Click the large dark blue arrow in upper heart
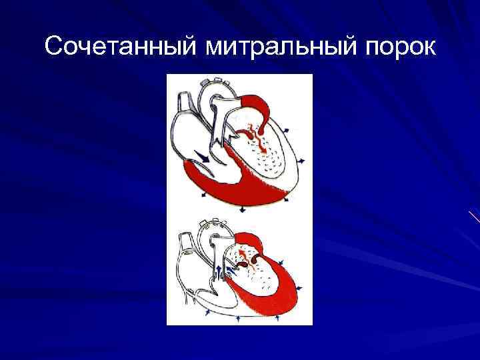point(200,157)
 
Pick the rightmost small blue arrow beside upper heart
point(303,161)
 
